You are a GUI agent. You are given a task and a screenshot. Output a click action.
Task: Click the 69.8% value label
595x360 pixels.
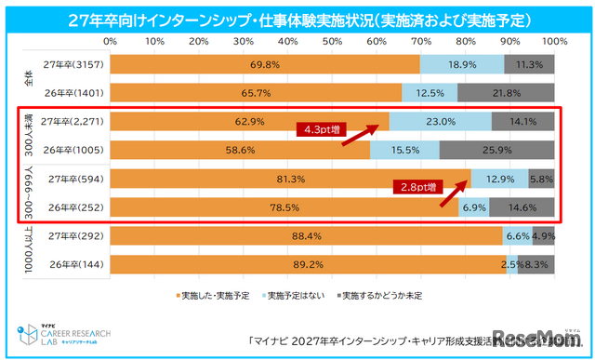coord(265,64)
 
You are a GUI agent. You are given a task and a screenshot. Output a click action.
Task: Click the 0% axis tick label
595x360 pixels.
coord(111,42)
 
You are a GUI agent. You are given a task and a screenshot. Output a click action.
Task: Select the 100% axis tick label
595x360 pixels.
coord(554,42)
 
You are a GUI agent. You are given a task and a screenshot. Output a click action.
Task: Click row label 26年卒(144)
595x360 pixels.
coord(74,263)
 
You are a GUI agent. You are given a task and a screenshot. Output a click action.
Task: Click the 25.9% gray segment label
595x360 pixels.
coord(497,149)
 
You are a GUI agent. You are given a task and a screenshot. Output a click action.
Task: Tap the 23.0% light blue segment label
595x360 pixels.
coord(440,121)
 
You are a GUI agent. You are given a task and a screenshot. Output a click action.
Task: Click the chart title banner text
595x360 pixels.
coord(297,19)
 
